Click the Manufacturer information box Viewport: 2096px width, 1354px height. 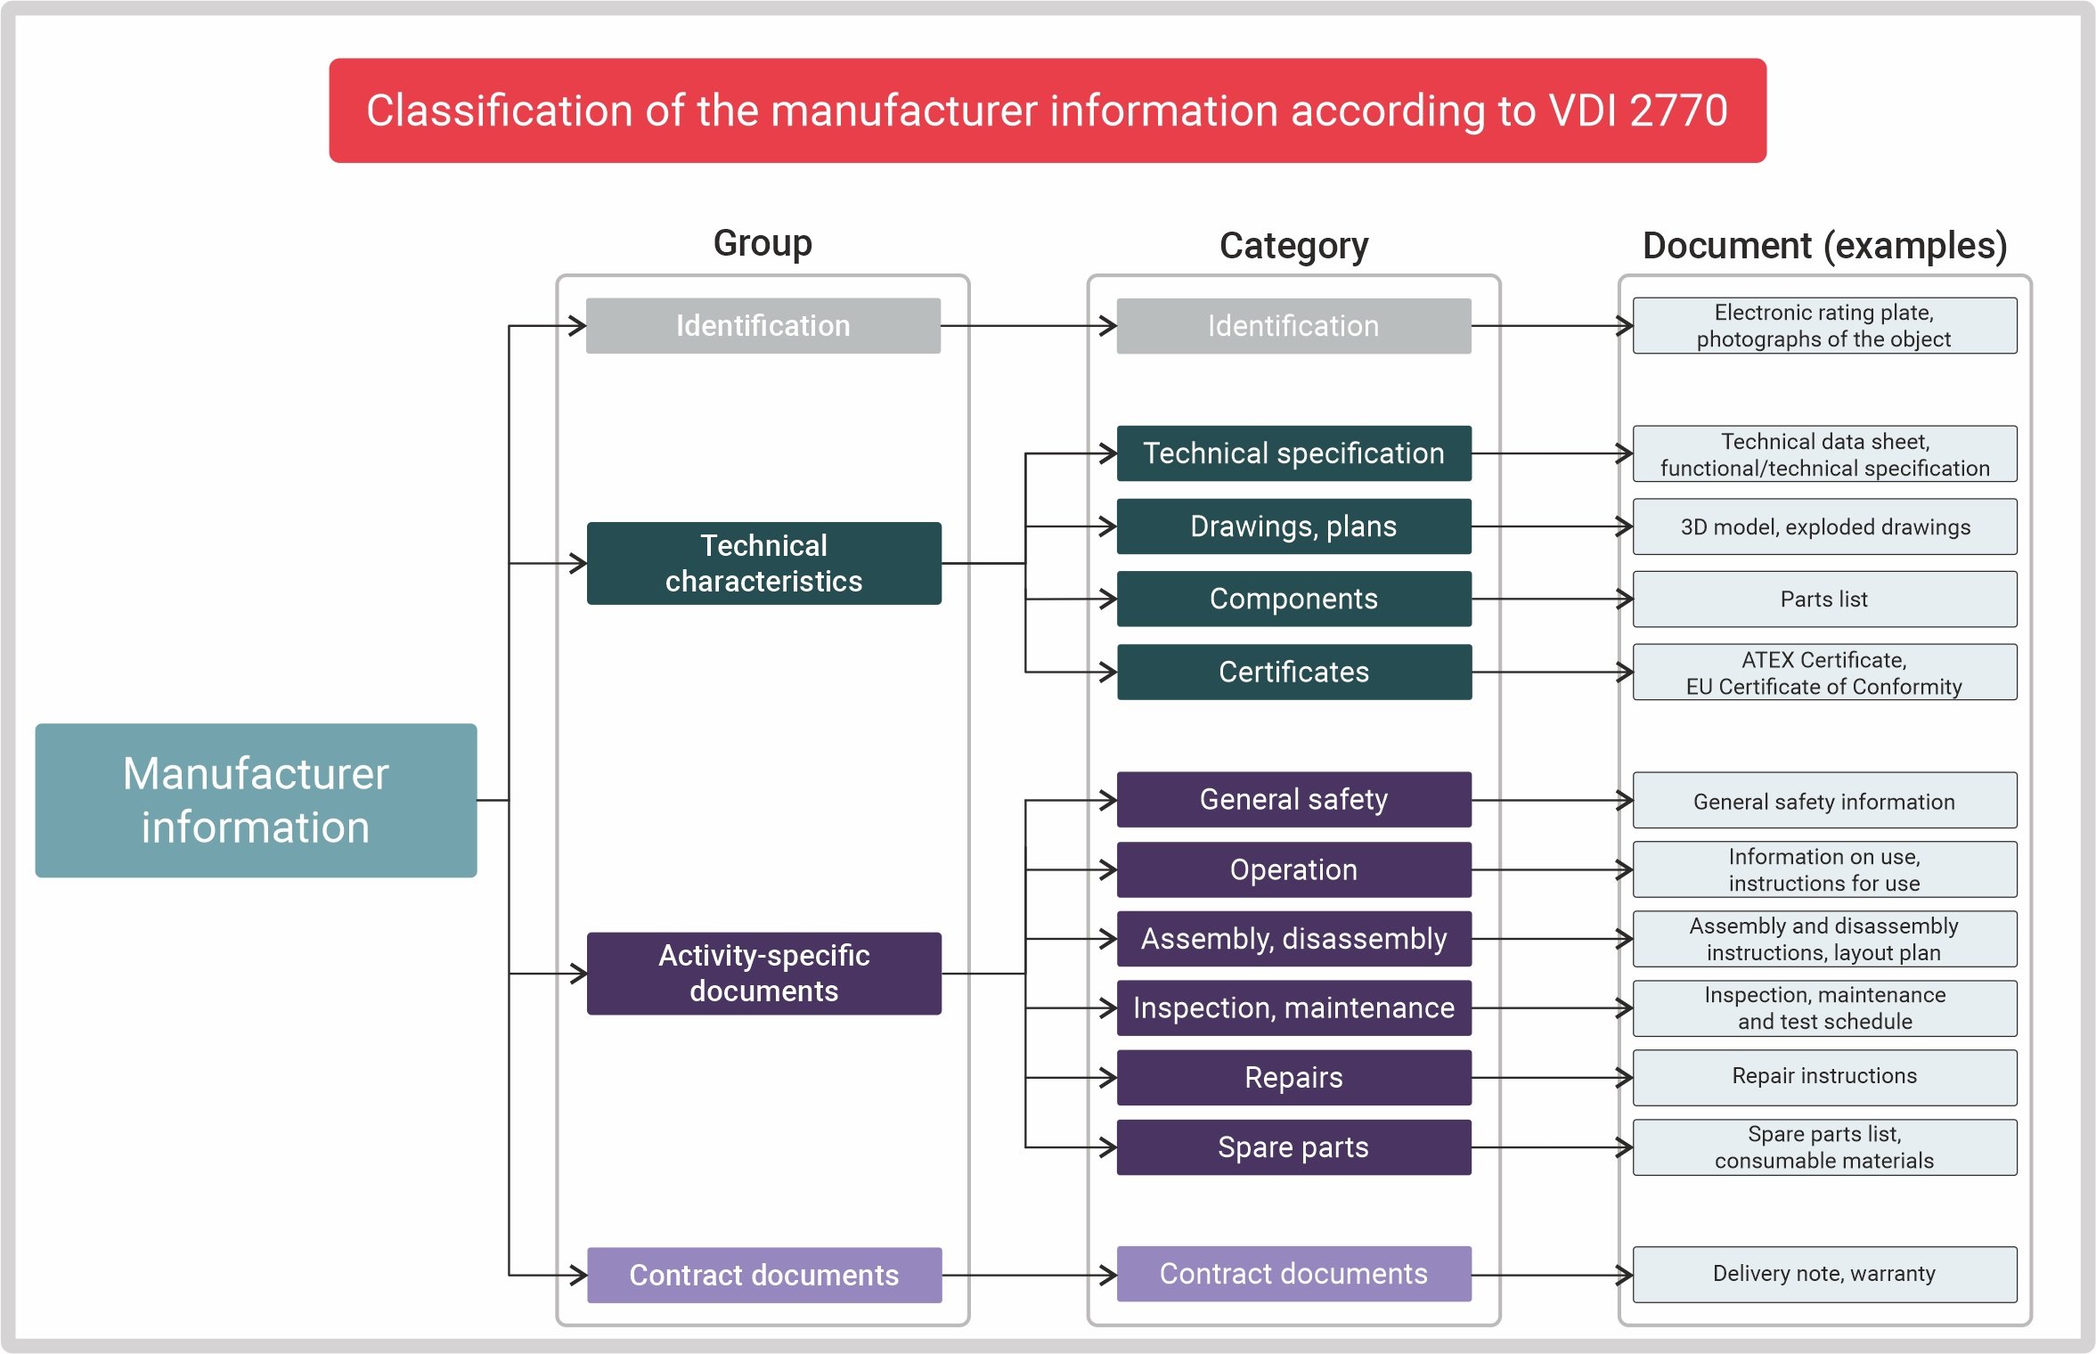click(x=256, y=800)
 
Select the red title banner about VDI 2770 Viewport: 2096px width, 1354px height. click(x=1047, y=110)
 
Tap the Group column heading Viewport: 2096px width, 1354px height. click(x=763, y=243)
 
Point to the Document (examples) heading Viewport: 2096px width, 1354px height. click(x=1823, y=245)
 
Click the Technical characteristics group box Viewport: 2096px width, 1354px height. click(x=763, y=563)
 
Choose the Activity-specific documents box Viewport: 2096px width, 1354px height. click(x=763, y=973)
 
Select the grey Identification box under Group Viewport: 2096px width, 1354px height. click(x=763, y=326)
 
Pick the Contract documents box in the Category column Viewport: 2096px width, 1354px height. click(x=1293, y=1274)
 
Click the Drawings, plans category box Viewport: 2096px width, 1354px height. click(x=1293, y=526)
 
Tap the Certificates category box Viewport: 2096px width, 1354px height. click(x=1293, y=672)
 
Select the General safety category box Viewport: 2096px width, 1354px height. click(x=1293, y=799)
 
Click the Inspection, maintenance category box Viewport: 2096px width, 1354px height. click(x=1293, y=1007)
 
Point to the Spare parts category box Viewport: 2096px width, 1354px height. click(x=1293, y=1147)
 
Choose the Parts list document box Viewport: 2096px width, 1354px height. click(x=1823, y=599)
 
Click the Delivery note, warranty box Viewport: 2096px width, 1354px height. click(x=1823, y=1274)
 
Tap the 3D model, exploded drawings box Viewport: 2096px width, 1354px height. click(x=1823, y=526)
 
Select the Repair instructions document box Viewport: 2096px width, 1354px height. click(x=1823, y=1076)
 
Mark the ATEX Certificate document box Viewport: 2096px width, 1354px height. click(x=1823, y=673)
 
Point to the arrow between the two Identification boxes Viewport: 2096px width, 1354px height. click(x=1028, y=326)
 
